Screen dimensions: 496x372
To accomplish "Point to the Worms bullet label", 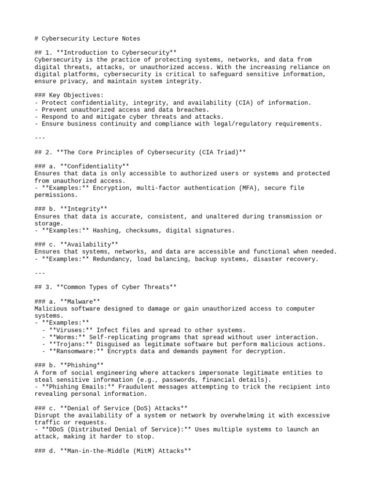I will point(63,337).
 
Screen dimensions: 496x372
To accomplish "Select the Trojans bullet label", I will point(67,344).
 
